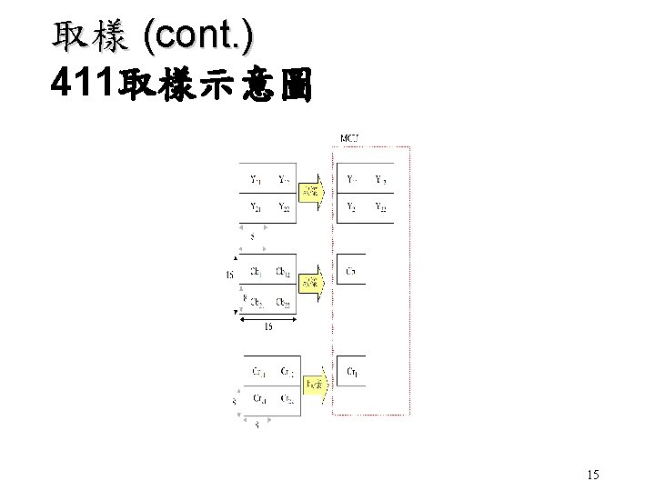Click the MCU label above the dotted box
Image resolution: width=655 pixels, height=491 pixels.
pos(350,138)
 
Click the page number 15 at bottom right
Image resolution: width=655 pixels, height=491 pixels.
pos(592,474)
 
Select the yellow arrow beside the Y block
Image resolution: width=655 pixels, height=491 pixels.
pos(310,190)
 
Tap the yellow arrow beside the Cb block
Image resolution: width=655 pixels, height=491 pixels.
pos(310,283)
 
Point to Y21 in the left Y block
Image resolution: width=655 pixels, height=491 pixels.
pos(257,208)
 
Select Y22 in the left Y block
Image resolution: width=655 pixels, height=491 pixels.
pos(285,208)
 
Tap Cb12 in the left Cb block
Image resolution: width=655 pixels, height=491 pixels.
pos(285,271)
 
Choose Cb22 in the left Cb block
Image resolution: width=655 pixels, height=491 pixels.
pos(283,302)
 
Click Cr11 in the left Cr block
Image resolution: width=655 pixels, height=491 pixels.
pos(258,371)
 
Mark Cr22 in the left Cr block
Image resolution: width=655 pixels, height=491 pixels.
pos(287,398)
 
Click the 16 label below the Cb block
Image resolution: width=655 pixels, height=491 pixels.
pos(267,328)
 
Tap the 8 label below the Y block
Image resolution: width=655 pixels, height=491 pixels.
pos(251,237)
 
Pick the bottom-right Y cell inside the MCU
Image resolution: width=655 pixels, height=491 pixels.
pos(380,207)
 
